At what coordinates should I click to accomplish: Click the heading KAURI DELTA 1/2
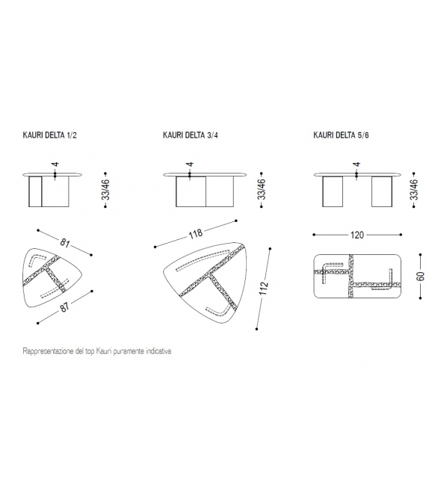(x=49, y=135)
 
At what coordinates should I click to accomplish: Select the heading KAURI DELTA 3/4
(x=191, y=135)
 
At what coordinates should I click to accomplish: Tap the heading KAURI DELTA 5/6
(x=341, y=135)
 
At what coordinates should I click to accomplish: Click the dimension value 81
(x=65, y=243)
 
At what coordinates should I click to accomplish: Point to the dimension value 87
(x=65, y=307)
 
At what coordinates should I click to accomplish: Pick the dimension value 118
(x=196, y=234)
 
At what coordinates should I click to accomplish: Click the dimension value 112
(x=264, y=289)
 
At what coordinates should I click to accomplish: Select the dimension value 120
(x=357, y=235)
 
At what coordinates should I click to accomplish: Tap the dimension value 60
(x=421, y=276)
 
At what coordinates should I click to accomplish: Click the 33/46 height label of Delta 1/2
(x=105, y=190)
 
